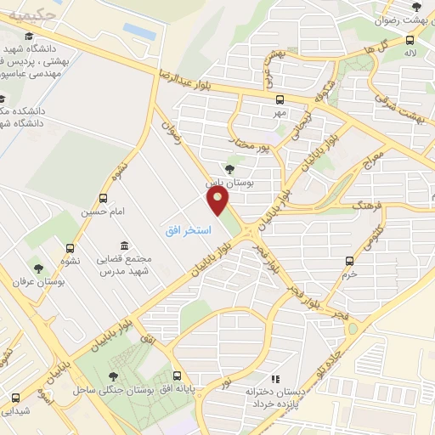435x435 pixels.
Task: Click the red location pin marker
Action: tap(219, 201)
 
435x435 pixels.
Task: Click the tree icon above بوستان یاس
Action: tap(230, 168)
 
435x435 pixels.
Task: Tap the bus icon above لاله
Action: tap(410, 39)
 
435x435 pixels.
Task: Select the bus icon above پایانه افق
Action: tap(177, 375)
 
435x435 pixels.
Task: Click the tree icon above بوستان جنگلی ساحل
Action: tap(114, 376)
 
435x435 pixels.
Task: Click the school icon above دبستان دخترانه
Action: tap(274, 379)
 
